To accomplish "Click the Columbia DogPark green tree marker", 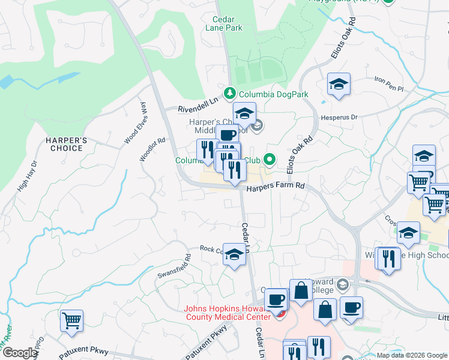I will coord(229,93).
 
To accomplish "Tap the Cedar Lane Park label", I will coord(223,23).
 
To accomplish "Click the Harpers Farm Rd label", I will coord(276,187).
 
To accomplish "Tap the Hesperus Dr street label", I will coord(339,118).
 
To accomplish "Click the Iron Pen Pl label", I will coord(389,80).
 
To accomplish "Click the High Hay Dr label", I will coord(27,175).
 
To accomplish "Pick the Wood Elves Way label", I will coord(135,123).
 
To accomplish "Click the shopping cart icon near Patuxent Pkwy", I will coord(71,321).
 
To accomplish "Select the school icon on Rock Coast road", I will coord(234,254).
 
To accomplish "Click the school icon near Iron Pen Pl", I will coord(339,84).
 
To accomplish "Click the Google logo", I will coord(20,353).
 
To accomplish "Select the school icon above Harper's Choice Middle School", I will coord(244,113).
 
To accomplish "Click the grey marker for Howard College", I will coord(342,284).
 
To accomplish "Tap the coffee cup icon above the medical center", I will coord(276,298).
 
